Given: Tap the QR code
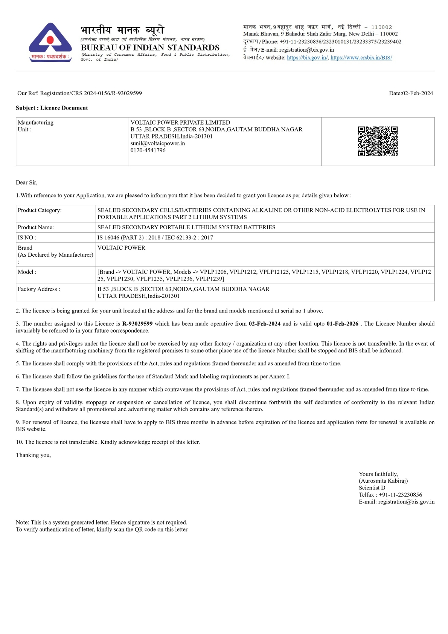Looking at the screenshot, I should (x=378, y=141).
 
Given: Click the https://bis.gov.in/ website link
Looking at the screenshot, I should (x=307, y=58).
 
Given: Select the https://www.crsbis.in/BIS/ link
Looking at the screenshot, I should (x=361, y=58).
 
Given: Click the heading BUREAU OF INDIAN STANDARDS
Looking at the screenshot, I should (x=150, y=47).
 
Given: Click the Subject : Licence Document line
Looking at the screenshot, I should (x=52, y=108).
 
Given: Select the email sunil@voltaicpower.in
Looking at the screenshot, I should (x=158, y=143).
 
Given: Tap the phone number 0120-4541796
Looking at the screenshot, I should (x=148, y=150).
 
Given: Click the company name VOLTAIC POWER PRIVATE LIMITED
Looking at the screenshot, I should (x=180, y=122).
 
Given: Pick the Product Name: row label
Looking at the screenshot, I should (x=36, y=227).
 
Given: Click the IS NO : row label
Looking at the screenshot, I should (x=27, y=238).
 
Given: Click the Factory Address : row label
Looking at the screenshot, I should (x=39, y=289).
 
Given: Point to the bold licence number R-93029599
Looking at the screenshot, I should (x=137, y=324).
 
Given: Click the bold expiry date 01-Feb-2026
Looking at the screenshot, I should (x=342, y=324).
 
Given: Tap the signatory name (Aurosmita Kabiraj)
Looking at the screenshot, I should (x=383, y=481).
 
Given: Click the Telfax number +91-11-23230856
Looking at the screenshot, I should (x=400, y=495).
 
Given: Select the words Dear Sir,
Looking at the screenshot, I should (x=27, y=183).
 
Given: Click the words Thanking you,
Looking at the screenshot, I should (x=33, y=455).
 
